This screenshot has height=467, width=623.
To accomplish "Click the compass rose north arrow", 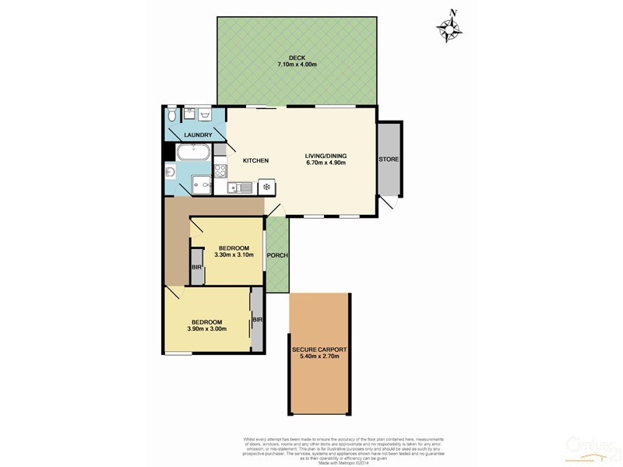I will pos(449,27).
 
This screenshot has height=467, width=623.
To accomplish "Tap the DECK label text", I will pos(297,57).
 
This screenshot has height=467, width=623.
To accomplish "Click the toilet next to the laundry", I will pos(171,116).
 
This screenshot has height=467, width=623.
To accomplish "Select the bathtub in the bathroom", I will pos(193,153).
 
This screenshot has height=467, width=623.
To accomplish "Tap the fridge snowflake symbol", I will pos(266,186).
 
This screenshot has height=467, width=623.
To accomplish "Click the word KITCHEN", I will pos(255,161).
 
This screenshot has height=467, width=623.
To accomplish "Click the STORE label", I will pos(389,160).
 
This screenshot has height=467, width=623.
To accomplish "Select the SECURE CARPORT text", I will pos(320,350).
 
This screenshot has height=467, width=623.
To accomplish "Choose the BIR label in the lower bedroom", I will pos(257,320).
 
